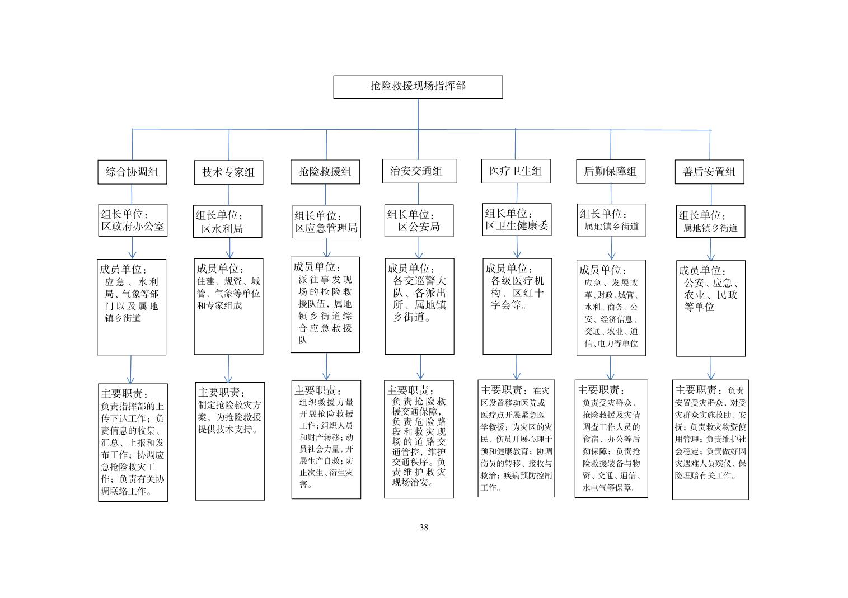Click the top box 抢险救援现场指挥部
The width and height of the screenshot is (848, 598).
[418, 87]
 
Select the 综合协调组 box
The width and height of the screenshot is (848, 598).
[132, 172]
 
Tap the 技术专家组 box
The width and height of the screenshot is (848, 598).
[229, 172]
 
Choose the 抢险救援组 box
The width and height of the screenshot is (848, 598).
[325, 172]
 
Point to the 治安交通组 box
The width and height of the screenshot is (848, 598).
[419, 171]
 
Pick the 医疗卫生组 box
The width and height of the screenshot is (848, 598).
[516, 171]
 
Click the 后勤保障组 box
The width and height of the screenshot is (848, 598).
[611, 172]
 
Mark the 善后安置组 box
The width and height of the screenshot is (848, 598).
[709, 172]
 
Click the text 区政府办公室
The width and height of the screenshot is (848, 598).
[133, 227]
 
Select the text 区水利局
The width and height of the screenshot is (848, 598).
[222, 229]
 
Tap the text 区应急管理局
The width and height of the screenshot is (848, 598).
[326, 228]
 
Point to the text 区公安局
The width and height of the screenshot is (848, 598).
[419, 227]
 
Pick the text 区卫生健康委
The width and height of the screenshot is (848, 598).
[517, 226]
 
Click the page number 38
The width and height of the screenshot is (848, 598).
[424, 528]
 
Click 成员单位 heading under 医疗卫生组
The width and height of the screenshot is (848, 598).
[509, 269]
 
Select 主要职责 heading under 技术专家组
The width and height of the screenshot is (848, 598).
[222, 392]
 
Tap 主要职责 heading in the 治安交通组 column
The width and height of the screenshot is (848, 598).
[410, 390]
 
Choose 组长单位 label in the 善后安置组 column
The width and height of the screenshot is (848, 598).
[702, 215]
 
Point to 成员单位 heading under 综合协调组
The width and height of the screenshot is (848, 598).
[123, 269]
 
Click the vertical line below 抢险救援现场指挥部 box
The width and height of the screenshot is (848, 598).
[418, 114]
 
